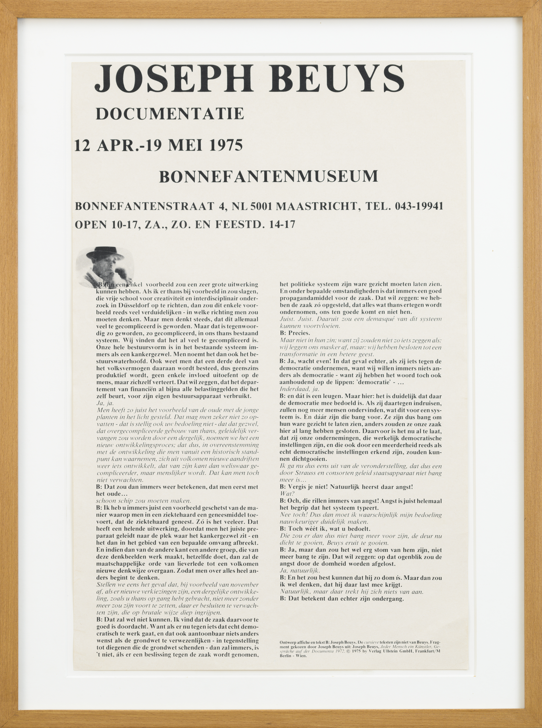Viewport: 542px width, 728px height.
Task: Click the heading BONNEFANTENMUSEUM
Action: click(268, 176)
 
